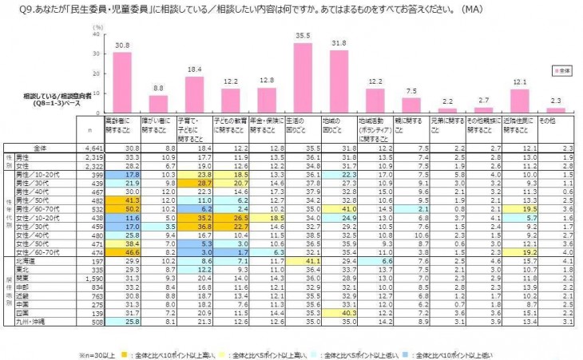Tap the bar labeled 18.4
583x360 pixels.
[194, 95]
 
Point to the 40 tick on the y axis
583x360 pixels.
[97, 35]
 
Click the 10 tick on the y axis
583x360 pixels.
[97, 94]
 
